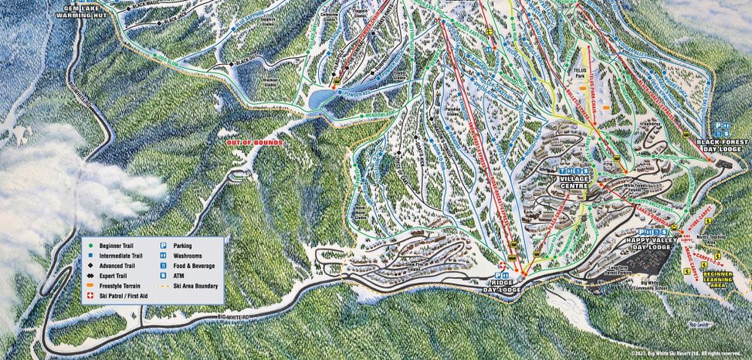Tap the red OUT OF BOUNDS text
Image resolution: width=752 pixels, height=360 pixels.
pyautogui.click(x=253, y=143)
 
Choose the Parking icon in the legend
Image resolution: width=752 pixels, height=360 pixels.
pyautogui.click(x=164, y=245)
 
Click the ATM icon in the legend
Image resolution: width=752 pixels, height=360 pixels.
pyautogui.click(x=164, y=275)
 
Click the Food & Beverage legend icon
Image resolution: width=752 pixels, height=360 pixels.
pyautogui.click(x=164, y=265)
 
